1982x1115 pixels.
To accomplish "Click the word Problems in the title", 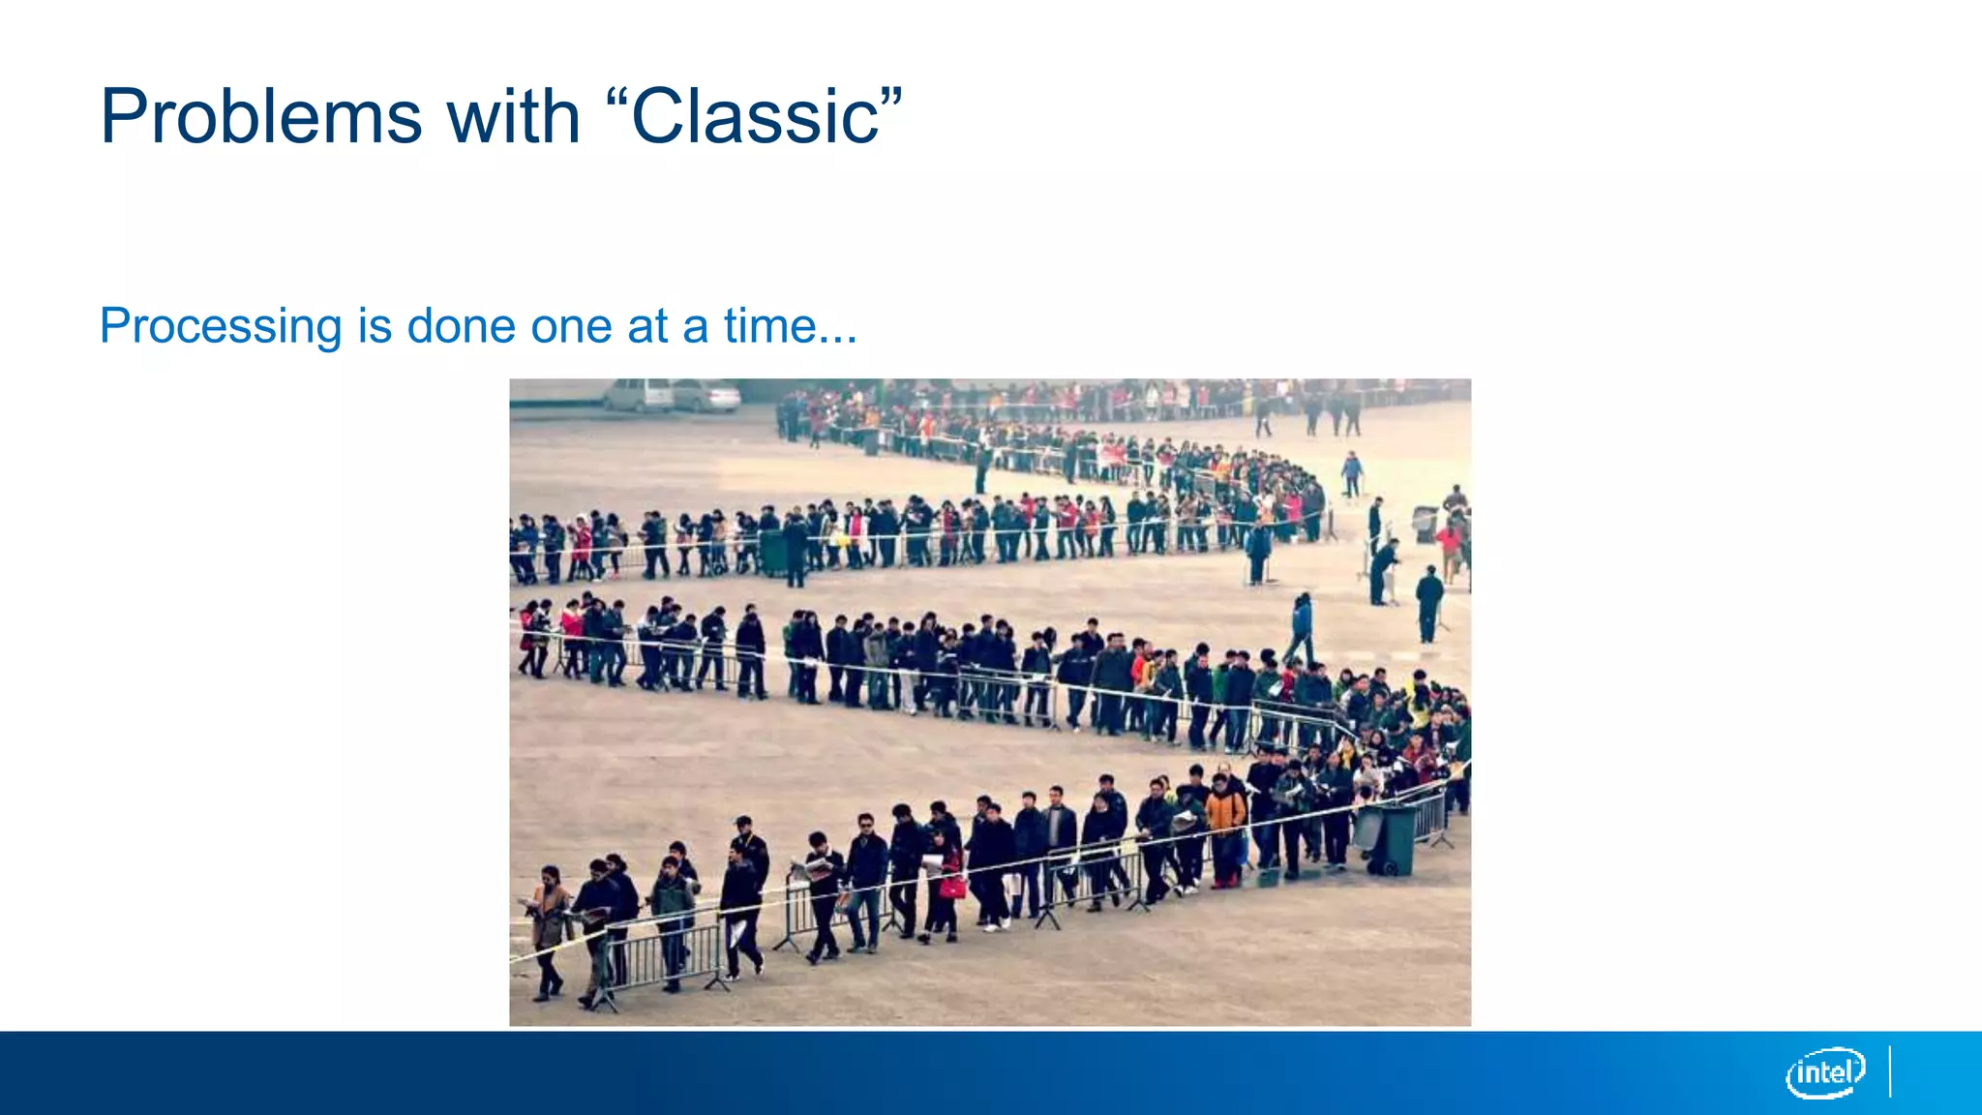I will (260, 118).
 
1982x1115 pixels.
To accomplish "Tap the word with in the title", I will (512, 118).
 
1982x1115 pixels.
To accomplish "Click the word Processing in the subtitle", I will (221, 326).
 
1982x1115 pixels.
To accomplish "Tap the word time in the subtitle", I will (769, 326).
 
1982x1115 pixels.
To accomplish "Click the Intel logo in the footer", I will (1825, 1072).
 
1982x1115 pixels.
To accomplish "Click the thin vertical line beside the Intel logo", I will (1890, 1071).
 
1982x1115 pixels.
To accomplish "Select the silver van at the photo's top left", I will (638, 395).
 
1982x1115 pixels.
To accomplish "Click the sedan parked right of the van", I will (706, 396).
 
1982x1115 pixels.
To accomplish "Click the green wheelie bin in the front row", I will (1390, 838).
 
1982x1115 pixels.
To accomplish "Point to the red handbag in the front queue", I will (952, 887).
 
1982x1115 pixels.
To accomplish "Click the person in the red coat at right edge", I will (1449, 547).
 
